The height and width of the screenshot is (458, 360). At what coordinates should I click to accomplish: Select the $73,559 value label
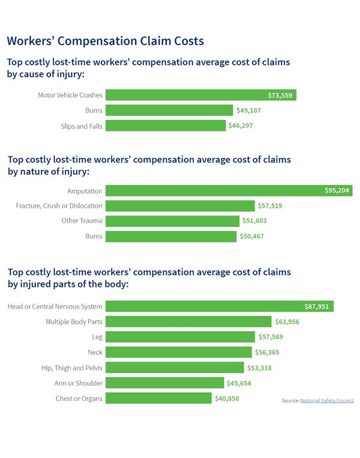click(280, 95)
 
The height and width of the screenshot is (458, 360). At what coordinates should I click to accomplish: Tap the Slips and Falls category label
click(82, 126)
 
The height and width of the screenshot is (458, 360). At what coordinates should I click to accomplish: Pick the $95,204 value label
click(337, 191)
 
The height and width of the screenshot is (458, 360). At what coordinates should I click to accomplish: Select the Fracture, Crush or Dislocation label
click(59, 206)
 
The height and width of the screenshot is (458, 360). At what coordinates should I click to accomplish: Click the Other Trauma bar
click(173, 221)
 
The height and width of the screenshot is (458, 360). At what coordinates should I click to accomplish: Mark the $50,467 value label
click(251, 237)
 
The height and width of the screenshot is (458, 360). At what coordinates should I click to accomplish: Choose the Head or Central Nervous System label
click(55, 307)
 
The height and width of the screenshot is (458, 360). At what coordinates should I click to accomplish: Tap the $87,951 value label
click(317, 307)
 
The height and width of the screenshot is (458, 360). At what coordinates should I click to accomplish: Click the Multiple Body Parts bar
click(188, 322)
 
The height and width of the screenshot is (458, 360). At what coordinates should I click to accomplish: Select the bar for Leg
click(180, 337)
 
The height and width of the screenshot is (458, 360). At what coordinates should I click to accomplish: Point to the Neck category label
click(95, 352)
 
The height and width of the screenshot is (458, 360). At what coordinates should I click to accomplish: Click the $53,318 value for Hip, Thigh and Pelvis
click(259, 367)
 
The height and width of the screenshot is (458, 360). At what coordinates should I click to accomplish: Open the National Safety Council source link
click(327, 400)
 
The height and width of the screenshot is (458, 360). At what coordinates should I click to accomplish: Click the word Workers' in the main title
click(30, 41)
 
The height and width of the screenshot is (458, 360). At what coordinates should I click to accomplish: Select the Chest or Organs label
click(79, 399)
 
